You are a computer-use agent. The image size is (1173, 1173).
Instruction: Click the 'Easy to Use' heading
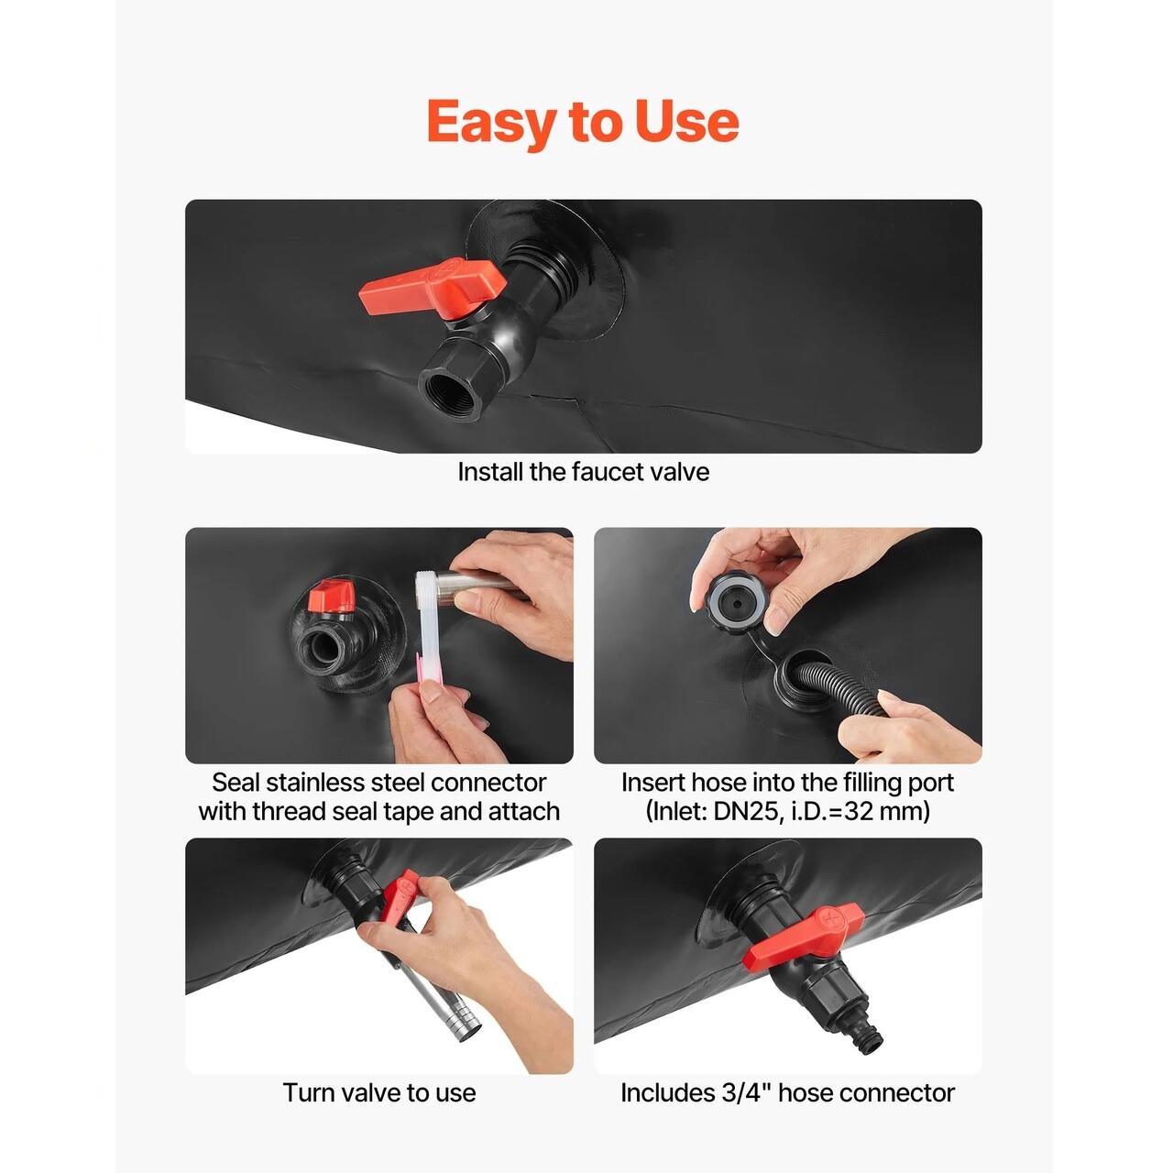583,122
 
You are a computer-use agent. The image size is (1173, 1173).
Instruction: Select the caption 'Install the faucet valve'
583,472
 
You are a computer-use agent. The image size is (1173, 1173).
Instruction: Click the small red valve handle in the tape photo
330,596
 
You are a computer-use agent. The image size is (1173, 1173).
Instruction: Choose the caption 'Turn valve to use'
378,1092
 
